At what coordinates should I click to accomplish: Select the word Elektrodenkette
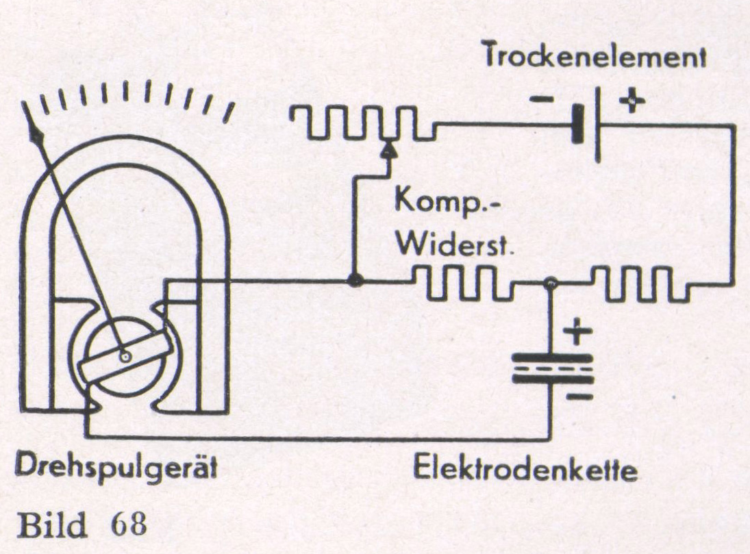[525, 471]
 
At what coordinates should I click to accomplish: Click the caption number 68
[128, 525]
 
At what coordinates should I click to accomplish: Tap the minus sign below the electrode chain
[579, 396]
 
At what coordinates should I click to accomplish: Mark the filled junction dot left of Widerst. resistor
[354, 281]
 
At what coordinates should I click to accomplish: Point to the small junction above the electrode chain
[549, 281]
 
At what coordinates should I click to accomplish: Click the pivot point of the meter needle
[124, 356]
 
